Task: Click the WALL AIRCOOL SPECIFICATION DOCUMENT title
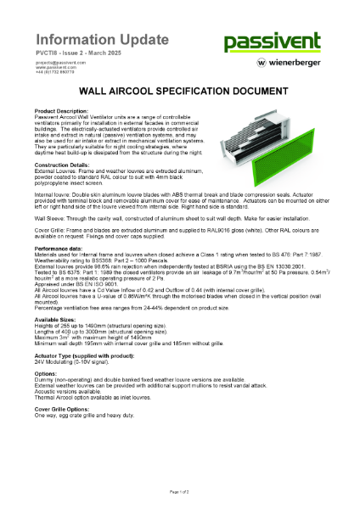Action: click(x=179, y=89)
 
